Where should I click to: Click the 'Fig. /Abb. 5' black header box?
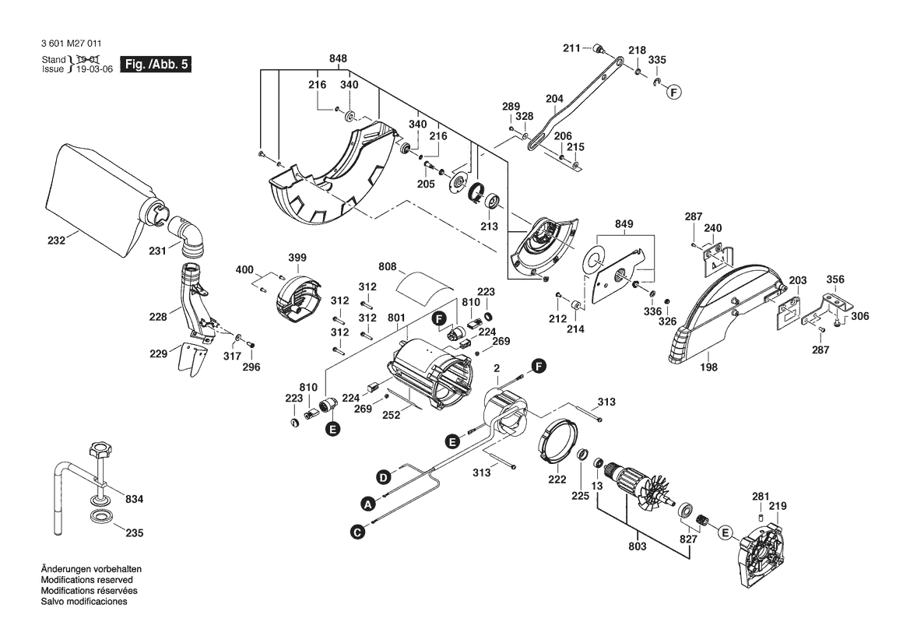click(155, 64)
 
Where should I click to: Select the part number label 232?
click(56, 241)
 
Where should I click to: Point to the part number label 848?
click(338, 58)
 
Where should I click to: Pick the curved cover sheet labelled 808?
click(423, 289)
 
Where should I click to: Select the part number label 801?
click(395, 318)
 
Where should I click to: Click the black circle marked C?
click(358, 531)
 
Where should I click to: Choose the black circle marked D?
click(383, 478)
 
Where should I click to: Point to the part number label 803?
click(638, 546)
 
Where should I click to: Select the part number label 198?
click(708, 367)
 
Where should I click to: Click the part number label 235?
click(134, 532)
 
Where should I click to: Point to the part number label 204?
click(554, 99)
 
